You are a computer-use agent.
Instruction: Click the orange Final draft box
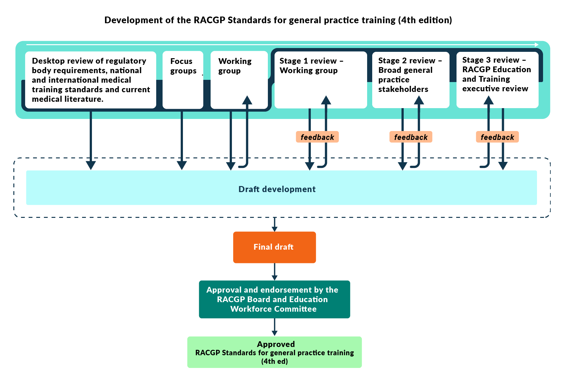274,247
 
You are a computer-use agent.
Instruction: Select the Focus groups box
183,80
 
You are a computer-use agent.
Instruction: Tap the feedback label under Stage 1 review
317,137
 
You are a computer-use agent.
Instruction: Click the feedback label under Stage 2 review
411,137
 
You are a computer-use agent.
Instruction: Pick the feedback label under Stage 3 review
497,137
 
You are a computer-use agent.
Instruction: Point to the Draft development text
277,189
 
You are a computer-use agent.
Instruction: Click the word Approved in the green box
276,344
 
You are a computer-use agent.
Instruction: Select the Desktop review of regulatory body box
91,80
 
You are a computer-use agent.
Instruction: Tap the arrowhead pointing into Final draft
275,229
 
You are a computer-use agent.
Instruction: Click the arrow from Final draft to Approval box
275,272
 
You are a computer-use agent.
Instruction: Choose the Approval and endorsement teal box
274,299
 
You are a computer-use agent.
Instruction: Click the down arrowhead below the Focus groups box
182,165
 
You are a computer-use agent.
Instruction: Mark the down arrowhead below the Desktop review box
91,165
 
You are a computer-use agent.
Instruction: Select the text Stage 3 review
491,60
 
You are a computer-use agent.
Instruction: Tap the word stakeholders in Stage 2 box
403,89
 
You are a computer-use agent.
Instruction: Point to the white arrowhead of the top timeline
537,45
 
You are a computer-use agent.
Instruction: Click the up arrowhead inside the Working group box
247,100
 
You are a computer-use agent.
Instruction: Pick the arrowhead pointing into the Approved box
275,333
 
